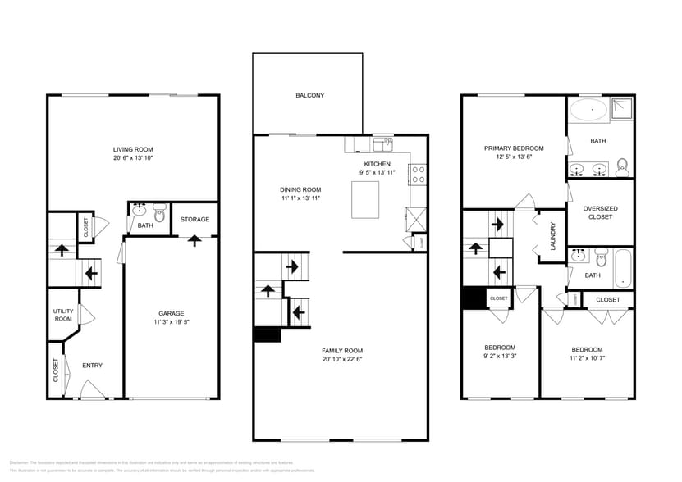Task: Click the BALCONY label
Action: tap(309, 96)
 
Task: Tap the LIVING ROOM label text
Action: tap(132, 149)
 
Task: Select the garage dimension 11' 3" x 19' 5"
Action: tap(171, 323)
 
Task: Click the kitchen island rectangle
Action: tap(365, 200)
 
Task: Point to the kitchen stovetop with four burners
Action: tap(418, 174)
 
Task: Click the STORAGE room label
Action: tap(195, 219)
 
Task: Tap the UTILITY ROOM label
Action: tap(63, 315)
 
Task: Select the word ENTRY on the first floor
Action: tap(92, 366)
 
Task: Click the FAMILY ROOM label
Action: tap(341, 350)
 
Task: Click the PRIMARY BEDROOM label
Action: tap(514, 148)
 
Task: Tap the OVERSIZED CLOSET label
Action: tap(600, 213)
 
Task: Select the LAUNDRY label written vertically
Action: tap(554, 236)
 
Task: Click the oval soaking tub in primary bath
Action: tap(588, 110)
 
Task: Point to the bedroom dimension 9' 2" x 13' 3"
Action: tap(500, 357)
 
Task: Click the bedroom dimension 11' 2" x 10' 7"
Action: tap(587, 358)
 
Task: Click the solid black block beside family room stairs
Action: tap(268, 334)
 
